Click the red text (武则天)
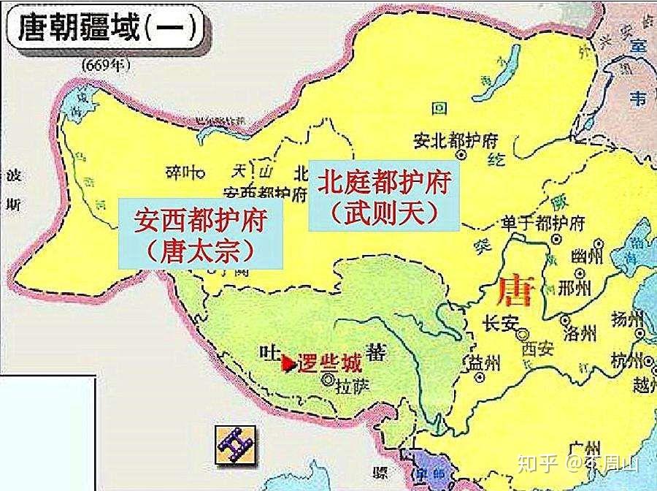point(384,213)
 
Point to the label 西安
point(539,349)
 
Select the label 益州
point(485,362)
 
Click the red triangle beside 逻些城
point(290,361)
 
